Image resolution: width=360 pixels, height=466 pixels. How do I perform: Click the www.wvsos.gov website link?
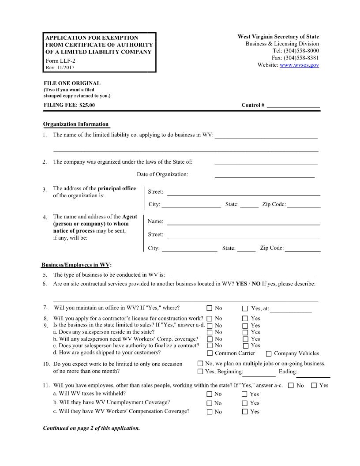299,65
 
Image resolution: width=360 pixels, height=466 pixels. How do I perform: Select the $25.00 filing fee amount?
87,105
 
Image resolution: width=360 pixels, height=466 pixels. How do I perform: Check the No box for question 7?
210,308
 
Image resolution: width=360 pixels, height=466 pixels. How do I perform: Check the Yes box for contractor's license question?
245,318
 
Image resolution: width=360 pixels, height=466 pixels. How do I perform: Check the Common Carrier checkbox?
210,353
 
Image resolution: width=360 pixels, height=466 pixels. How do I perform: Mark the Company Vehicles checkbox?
269,353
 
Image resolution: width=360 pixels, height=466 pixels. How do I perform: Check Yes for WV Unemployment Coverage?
244,403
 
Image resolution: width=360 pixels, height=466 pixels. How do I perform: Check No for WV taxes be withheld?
210,394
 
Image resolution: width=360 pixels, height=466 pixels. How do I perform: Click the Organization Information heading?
75,124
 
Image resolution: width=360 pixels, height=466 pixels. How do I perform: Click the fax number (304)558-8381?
301,58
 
